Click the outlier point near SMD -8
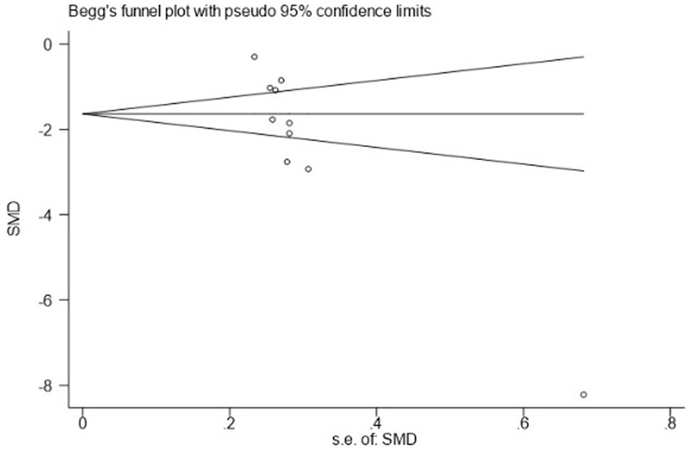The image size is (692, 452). click(x=583, y=394)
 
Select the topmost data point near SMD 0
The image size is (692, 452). click(x=254, y=57)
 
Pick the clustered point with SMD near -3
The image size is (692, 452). click(x=308, y=169)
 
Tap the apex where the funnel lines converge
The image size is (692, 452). click(x=82, y=113)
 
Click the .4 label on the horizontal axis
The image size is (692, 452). click(x=375, y=421)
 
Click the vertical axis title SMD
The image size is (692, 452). click(x=13, y=224)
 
